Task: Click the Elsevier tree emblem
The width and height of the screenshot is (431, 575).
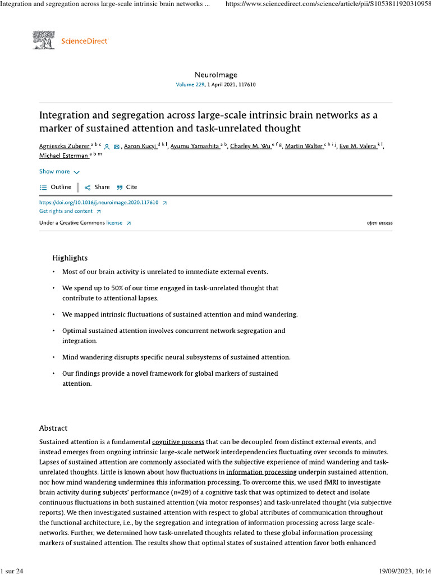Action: click(44, 40)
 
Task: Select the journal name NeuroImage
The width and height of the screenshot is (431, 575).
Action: click(215, 75)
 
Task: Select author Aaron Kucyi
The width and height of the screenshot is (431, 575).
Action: click(139, 147)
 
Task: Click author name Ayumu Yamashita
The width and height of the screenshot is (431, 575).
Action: click(190, 147)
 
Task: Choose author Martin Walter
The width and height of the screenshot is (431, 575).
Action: click(304, 147)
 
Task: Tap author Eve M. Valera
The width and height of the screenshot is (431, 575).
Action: click(357, 147)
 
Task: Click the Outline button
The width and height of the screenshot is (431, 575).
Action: click(56, 187)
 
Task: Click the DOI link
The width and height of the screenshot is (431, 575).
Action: click(99, 202)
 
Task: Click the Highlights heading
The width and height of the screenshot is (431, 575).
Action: click(70, 258)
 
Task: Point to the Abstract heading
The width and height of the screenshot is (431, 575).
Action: click(53, 428)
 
